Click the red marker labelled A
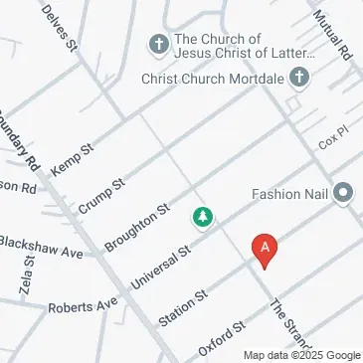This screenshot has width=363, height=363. coord(265,249)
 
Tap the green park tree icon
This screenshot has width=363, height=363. coord(204,216)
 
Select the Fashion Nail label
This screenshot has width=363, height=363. coord(290,194)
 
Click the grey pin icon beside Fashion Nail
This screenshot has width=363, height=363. coord(344,193)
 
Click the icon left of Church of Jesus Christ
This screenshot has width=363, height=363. coord(157,45)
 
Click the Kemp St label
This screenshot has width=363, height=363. coord(72,159)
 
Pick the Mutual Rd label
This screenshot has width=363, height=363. coord(334,33)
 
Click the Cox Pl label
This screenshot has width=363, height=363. coord(330,142)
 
